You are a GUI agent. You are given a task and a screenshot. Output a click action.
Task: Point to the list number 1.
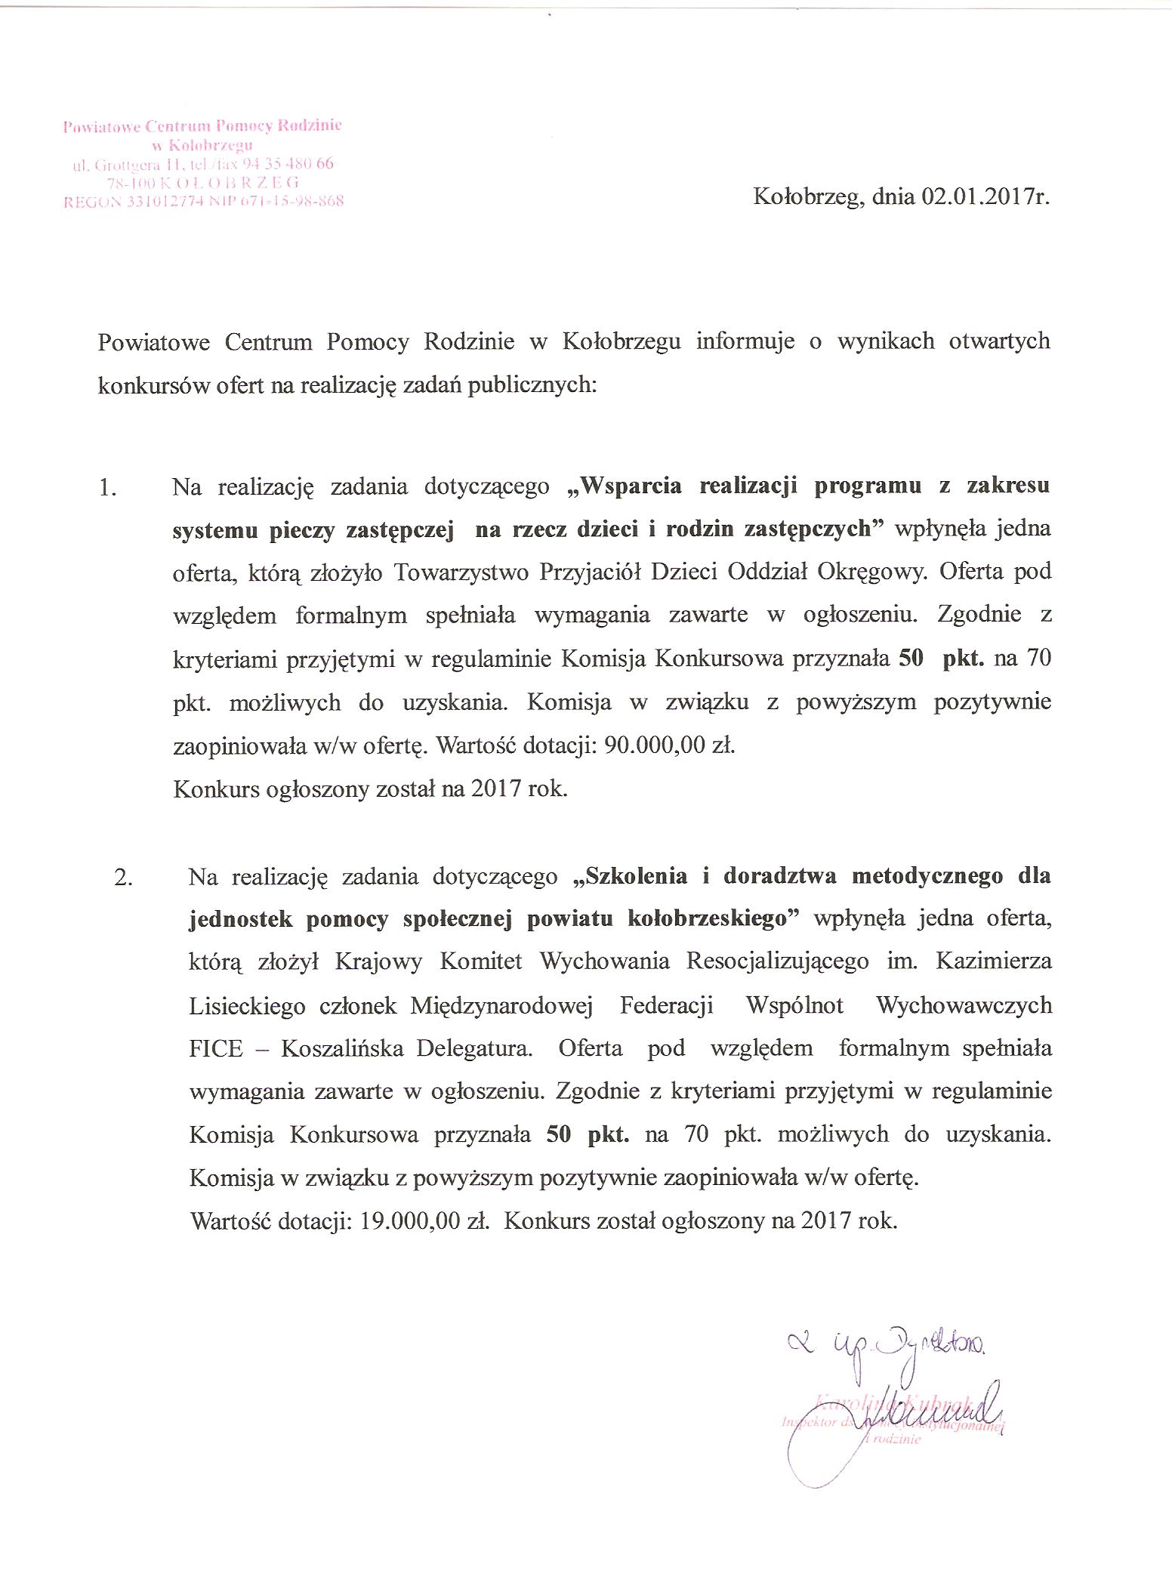(x=108, y=489)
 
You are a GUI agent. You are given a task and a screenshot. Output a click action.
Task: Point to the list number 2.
(x=123, y=878)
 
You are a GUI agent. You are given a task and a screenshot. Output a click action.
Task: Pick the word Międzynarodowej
(x=501, y=1006)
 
